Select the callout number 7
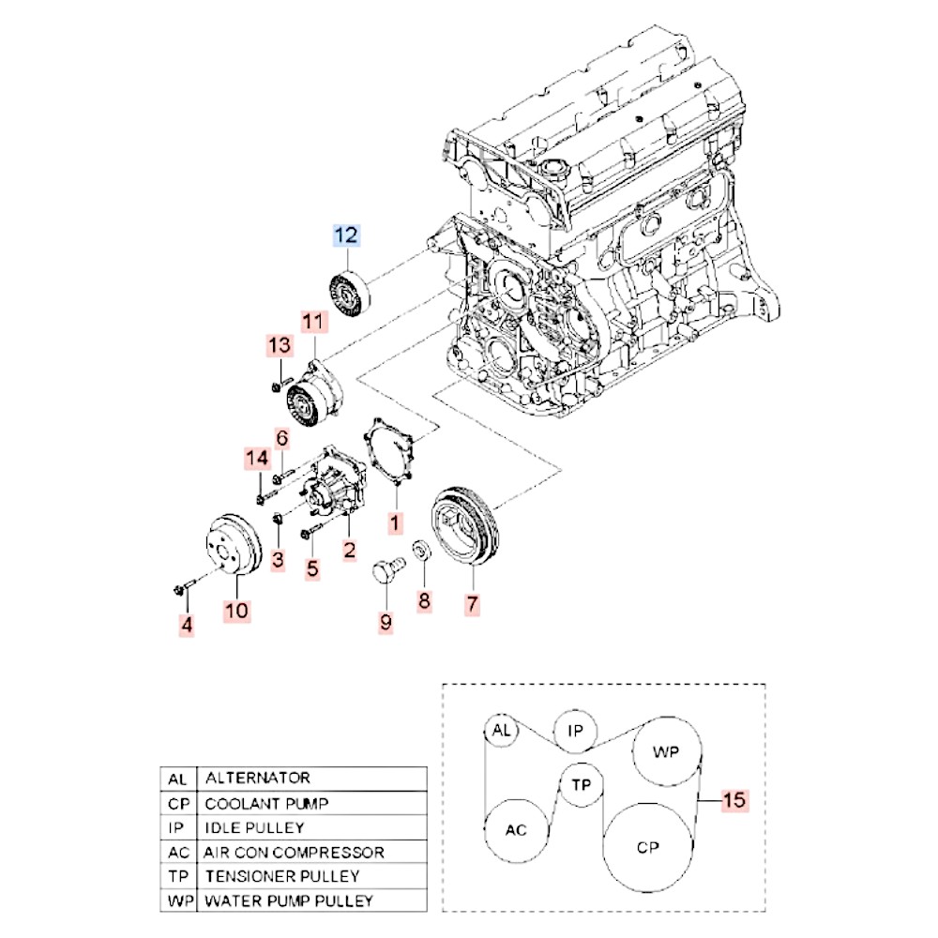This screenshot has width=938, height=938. tap(471, 605)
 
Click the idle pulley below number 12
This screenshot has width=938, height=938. tap(350, 293)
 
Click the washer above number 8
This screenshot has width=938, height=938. tap(423, 550)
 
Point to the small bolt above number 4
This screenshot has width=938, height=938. tap(182, 588)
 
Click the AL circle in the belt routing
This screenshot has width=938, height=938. tap(501, 732)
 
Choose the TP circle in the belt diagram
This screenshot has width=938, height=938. tap(581, 784)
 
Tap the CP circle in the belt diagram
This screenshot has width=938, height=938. tap(648, 847)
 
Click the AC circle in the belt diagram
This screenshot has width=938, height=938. tap(516, 830)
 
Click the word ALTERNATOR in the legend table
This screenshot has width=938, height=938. tap(258, 779)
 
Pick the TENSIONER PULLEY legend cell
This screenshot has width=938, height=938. tap(282, 877)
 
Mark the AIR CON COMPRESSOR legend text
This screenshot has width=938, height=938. tap(294, 853)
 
